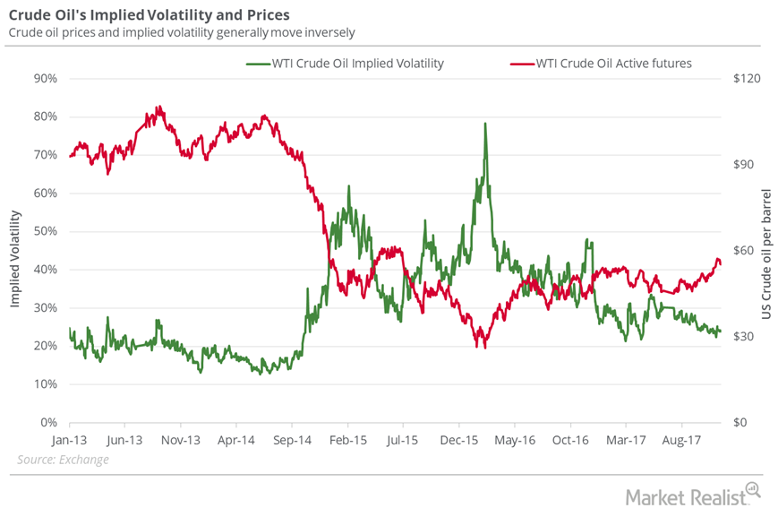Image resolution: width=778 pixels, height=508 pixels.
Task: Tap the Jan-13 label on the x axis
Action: [x=69, y=440]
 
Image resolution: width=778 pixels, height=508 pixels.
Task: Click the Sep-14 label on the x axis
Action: [x=292, y=440]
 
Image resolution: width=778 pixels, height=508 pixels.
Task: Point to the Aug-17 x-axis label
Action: [x=681, y=440]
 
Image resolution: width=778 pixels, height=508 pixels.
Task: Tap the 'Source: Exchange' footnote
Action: [x=63, y=460]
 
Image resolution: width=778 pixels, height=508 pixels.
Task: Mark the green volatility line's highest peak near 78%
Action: [x=485, y=124]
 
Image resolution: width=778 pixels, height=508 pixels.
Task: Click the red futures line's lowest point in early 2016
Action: [x=485, y=347]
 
